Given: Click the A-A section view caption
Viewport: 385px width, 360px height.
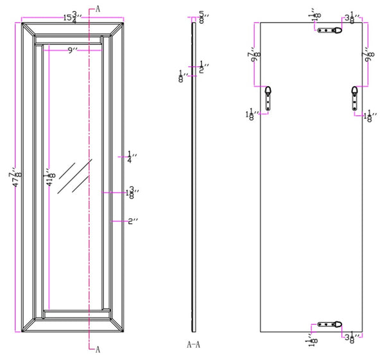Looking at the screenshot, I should [194, 345].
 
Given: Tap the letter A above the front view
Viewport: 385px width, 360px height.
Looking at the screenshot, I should [97, 8].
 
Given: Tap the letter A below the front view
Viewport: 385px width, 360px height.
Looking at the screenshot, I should [97, 350].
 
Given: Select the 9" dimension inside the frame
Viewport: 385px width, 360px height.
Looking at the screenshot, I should [73, 51].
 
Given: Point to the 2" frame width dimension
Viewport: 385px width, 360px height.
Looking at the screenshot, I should [133, 221].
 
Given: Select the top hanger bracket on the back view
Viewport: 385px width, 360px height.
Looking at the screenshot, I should [332, 30].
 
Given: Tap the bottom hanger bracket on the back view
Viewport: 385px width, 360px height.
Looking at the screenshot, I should [332, 324].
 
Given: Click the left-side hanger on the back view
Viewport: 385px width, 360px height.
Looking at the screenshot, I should [270, 98].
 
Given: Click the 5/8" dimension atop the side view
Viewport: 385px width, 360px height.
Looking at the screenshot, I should [202, 15].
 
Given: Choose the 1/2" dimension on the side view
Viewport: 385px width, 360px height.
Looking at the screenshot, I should [203, 66].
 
